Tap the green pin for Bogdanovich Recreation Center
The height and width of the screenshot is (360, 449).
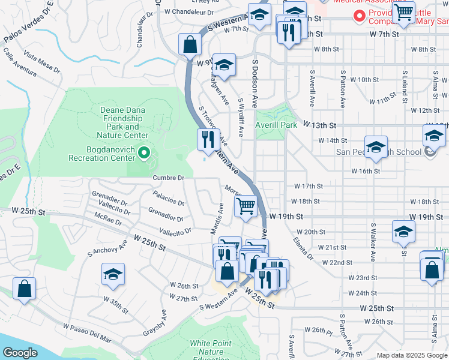143,154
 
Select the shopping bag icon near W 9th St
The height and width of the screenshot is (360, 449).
190,45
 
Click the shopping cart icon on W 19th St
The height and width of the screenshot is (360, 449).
246,206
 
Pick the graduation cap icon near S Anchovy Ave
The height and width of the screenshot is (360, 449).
113,274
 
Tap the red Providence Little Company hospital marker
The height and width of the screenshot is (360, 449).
360,16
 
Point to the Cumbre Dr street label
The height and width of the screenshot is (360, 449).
168,178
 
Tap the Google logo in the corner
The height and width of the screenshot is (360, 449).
20,353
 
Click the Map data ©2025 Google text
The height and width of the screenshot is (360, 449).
412,355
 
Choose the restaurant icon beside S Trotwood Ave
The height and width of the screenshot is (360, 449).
208,140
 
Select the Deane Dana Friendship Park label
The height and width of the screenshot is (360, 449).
123,119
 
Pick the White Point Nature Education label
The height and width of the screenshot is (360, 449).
214,348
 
